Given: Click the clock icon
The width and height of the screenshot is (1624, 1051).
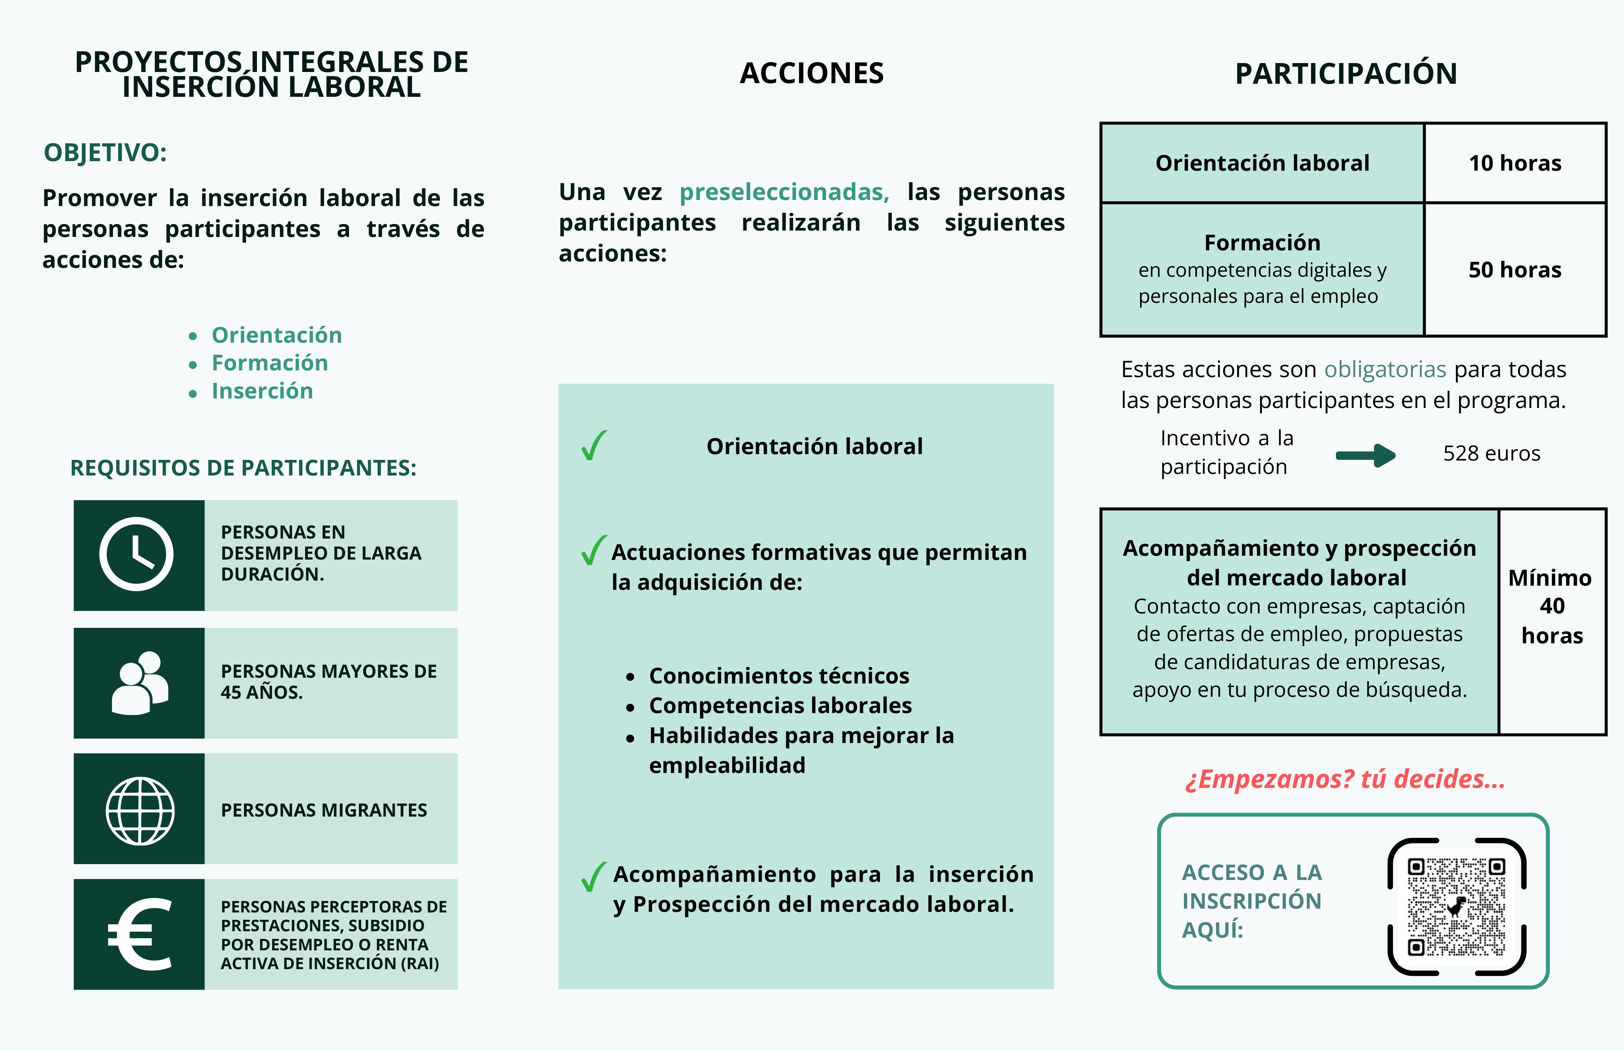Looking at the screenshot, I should click(137, 554).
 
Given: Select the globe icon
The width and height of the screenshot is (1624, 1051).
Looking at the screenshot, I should click(140, 811).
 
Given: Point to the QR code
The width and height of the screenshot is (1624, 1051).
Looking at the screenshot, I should click(1457, 906).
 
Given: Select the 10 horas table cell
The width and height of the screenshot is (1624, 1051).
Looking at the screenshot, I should click(1515, 163).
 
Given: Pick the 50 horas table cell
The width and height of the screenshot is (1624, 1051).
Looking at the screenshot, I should click(1515, 269).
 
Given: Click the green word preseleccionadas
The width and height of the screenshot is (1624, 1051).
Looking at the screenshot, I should click(784, 192).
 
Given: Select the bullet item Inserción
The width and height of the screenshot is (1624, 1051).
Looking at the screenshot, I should click(262, 391).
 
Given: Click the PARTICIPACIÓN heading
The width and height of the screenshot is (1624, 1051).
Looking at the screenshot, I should click(1346, 74).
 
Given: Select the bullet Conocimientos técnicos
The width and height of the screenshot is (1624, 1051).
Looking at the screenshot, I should click(779, 676).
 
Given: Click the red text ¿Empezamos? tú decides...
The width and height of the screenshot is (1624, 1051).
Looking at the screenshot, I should click(1345, 779).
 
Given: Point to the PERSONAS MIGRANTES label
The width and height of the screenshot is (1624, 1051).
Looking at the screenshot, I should click(324, 810).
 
